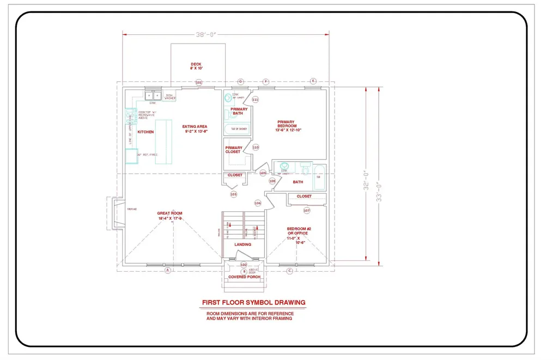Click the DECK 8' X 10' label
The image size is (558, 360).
pyautogui.click(x=196, y=66)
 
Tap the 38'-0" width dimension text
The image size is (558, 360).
pyautogui.click(x=207, y=34)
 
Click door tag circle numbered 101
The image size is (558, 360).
pyautogui.click(x=199, y=83)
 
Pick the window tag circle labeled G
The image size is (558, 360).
pyautogui.click(x=240, y=82)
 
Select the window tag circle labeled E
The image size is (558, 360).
pyautogui.click(x=313, y=81)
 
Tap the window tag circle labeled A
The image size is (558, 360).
pyautogui.click(x=168, y=270)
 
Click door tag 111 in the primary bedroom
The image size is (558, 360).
pyautogui.click(x=255, y=100)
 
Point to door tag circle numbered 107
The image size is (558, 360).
pyautogui.click(x=306, y=210)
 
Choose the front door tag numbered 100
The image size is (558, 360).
pyautogui.click(x=244, y=265)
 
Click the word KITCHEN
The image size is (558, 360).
pyautogui.click(x=145, y=132)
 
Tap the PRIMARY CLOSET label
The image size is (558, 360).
pyautogui.click(x=233, y=150)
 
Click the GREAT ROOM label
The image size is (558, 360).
pyautogui.click(x=169, y=216)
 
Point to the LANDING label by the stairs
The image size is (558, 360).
pyautogui.click(x=242, y=245)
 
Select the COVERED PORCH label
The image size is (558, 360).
pyautogui.click(x=244, y=277)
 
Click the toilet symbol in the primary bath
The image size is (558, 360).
pyautogui.click(x=228, y=100)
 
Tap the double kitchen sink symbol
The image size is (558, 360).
pyautogui.click(x=152, y=96)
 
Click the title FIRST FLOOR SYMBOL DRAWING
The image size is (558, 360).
pyautogui.click(x=253, y=302)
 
